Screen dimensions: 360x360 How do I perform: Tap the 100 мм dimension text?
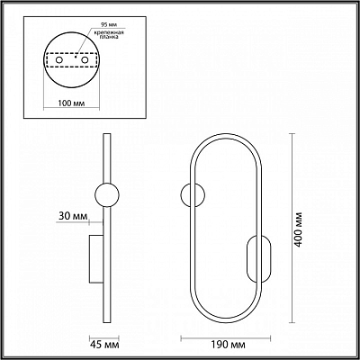pos(71,103)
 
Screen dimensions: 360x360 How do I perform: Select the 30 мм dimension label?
pos(73,216)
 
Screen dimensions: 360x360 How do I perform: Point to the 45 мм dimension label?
pos(104,345)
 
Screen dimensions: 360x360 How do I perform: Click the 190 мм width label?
pos(226,345)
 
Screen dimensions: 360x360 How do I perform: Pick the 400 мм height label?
pos(297,229)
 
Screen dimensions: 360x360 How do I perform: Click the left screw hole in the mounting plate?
pos(59,60)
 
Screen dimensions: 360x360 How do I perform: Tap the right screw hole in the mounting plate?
pos(85,60)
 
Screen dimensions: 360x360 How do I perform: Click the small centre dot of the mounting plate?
pos(76,57)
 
